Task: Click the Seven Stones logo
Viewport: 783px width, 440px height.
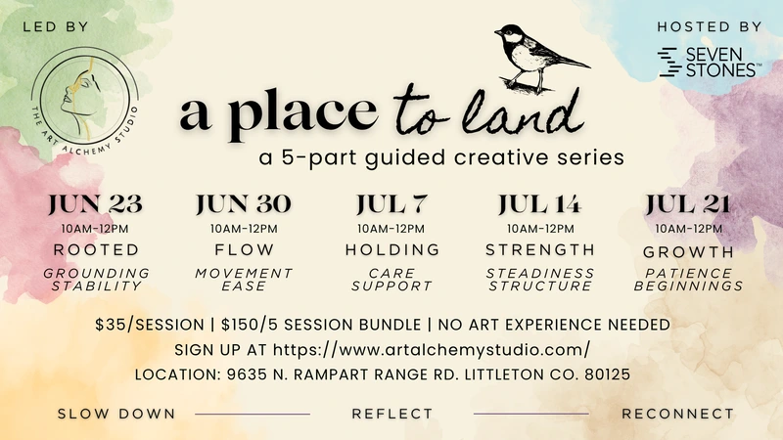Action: (707, 62)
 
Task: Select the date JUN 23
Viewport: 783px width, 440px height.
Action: (95, 204)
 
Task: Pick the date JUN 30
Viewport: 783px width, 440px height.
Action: (244, 204)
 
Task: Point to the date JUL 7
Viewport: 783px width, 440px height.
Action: (390, 204)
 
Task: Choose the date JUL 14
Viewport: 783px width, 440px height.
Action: (539, 204)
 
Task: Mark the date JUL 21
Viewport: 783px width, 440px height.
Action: (688, 204)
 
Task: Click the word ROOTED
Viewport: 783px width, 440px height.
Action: (96, 249)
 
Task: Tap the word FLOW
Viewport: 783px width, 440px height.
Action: (244, 249)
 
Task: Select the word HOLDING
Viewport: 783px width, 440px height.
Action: (390, 249)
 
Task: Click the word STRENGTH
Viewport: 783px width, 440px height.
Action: (539, 249)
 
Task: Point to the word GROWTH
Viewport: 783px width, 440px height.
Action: (688, 249)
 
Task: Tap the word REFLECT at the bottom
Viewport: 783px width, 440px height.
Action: (391, 414)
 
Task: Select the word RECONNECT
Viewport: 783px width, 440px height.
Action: (677, 414)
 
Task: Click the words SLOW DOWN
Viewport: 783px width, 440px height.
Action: (116, 414)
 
